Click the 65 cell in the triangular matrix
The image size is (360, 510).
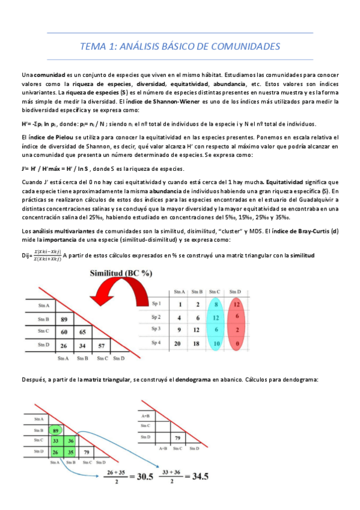click(x=83, y=331)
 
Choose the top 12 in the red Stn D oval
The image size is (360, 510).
click(x=236, y=304)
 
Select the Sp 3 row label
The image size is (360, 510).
click(x=156, y=330)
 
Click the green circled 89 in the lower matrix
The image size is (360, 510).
click(x=55, y=430)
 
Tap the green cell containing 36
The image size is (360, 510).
click(x=72, y=441)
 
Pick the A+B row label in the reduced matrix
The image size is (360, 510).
click(x=145, y=415)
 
